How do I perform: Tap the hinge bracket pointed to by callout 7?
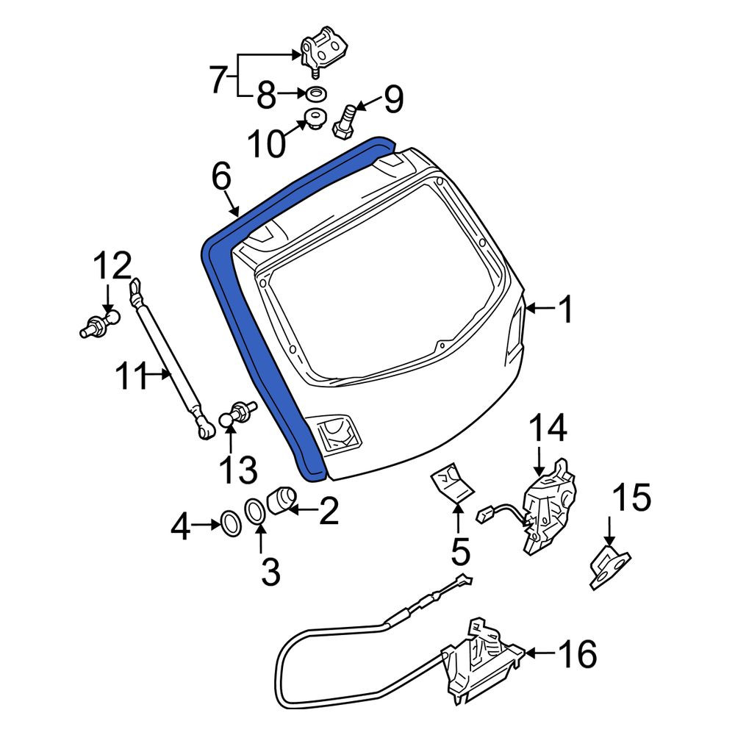click(324, 51)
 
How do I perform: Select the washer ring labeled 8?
click(316, 94)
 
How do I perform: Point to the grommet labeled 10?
click(315, 118)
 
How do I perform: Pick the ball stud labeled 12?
click(99, 323)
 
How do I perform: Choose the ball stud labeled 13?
click(237, 412)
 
